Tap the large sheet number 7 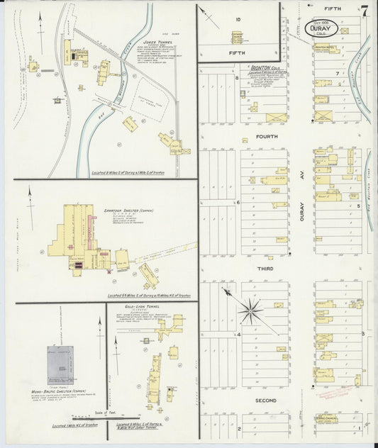point(364,11)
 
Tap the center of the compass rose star point(250,310)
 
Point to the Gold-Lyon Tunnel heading point(139,307)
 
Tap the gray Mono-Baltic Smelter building point(61,364)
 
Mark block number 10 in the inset point(239,19)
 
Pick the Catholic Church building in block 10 point(237,35)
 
